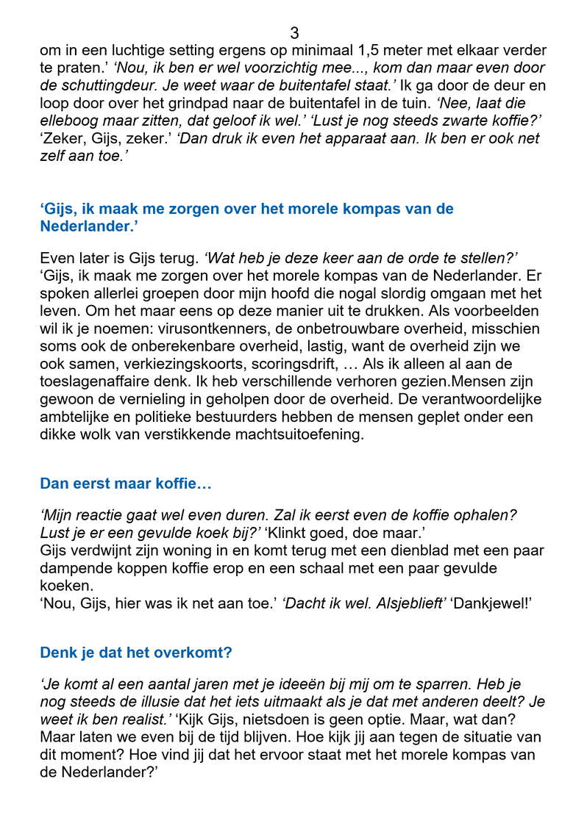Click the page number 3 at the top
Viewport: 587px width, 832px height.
pyautogui.click(x=294, y=33)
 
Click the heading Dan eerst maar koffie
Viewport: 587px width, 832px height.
pyautogui.click(x=126, y=484)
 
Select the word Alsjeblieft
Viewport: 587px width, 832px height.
pyautogui.click(x=408, y=603)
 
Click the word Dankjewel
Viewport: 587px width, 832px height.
pyautogui.click(x=491, y=603)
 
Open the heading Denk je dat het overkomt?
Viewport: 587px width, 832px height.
pyautogui.click(x=136, y=653)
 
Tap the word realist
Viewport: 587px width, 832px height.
pyautogui.click(x=145, y=720)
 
